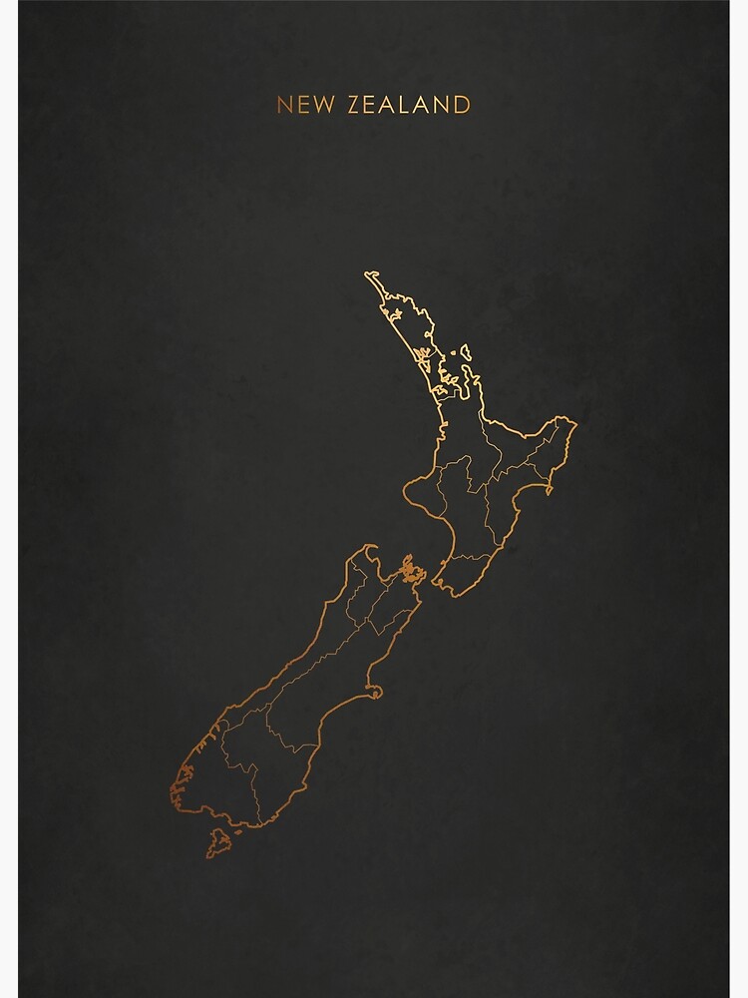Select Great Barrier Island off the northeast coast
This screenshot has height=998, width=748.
pos(462,351)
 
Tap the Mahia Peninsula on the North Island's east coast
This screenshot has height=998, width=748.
pos(545,492)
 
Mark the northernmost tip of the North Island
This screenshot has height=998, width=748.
pos(370,274)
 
